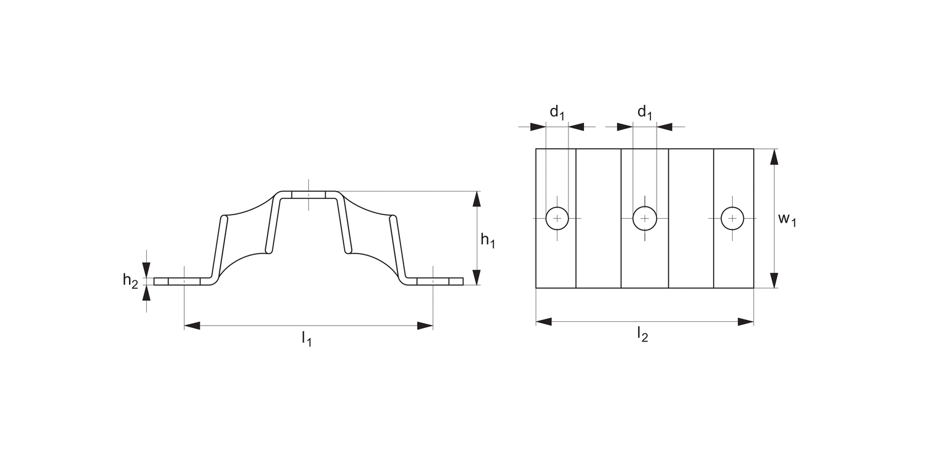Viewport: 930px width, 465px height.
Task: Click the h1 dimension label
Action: point(487,240)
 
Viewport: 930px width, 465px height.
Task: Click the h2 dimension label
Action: point(130,281)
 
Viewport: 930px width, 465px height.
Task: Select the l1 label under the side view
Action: point(306,339)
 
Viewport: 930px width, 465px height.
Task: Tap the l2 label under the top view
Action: point(642,335)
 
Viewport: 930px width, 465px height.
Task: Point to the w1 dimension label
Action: point(787,219)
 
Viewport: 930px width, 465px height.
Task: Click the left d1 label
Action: point(557,112)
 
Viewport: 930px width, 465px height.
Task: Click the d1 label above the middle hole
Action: point(645,112)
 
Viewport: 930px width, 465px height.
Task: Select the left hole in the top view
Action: point(557,218)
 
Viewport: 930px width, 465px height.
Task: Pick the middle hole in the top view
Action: point(645,218)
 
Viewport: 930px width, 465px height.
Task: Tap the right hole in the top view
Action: point(733,218)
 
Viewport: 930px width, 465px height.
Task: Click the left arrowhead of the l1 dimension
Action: point(192,325)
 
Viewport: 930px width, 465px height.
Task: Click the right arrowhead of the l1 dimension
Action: point(425,325)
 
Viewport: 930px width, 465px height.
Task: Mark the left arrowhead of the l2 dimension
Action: point(544,321)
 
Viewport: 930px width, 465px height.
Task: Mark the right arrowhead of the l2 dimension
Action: point(746,321)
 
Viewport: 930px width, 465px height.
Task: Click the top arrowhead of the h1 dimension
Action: point(476,198)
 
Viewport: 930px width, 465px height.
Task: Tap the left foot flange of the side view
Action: point(180,281)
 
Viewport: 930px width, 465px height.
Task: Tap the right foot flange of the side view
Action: point(437,281)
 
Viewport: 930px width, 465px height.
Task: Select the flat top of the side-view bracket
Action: point(308,195)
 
